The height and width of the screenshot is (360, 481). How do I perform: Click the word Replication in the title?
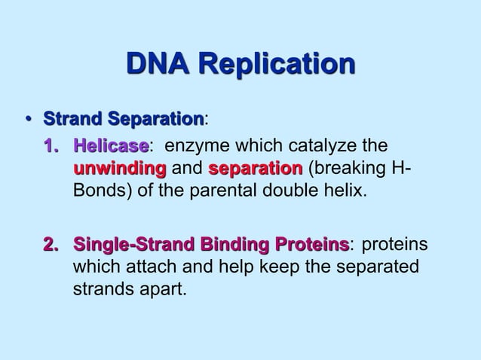point(278,66)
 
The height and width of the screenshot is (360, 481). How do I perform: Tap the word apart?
point(158,288)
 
